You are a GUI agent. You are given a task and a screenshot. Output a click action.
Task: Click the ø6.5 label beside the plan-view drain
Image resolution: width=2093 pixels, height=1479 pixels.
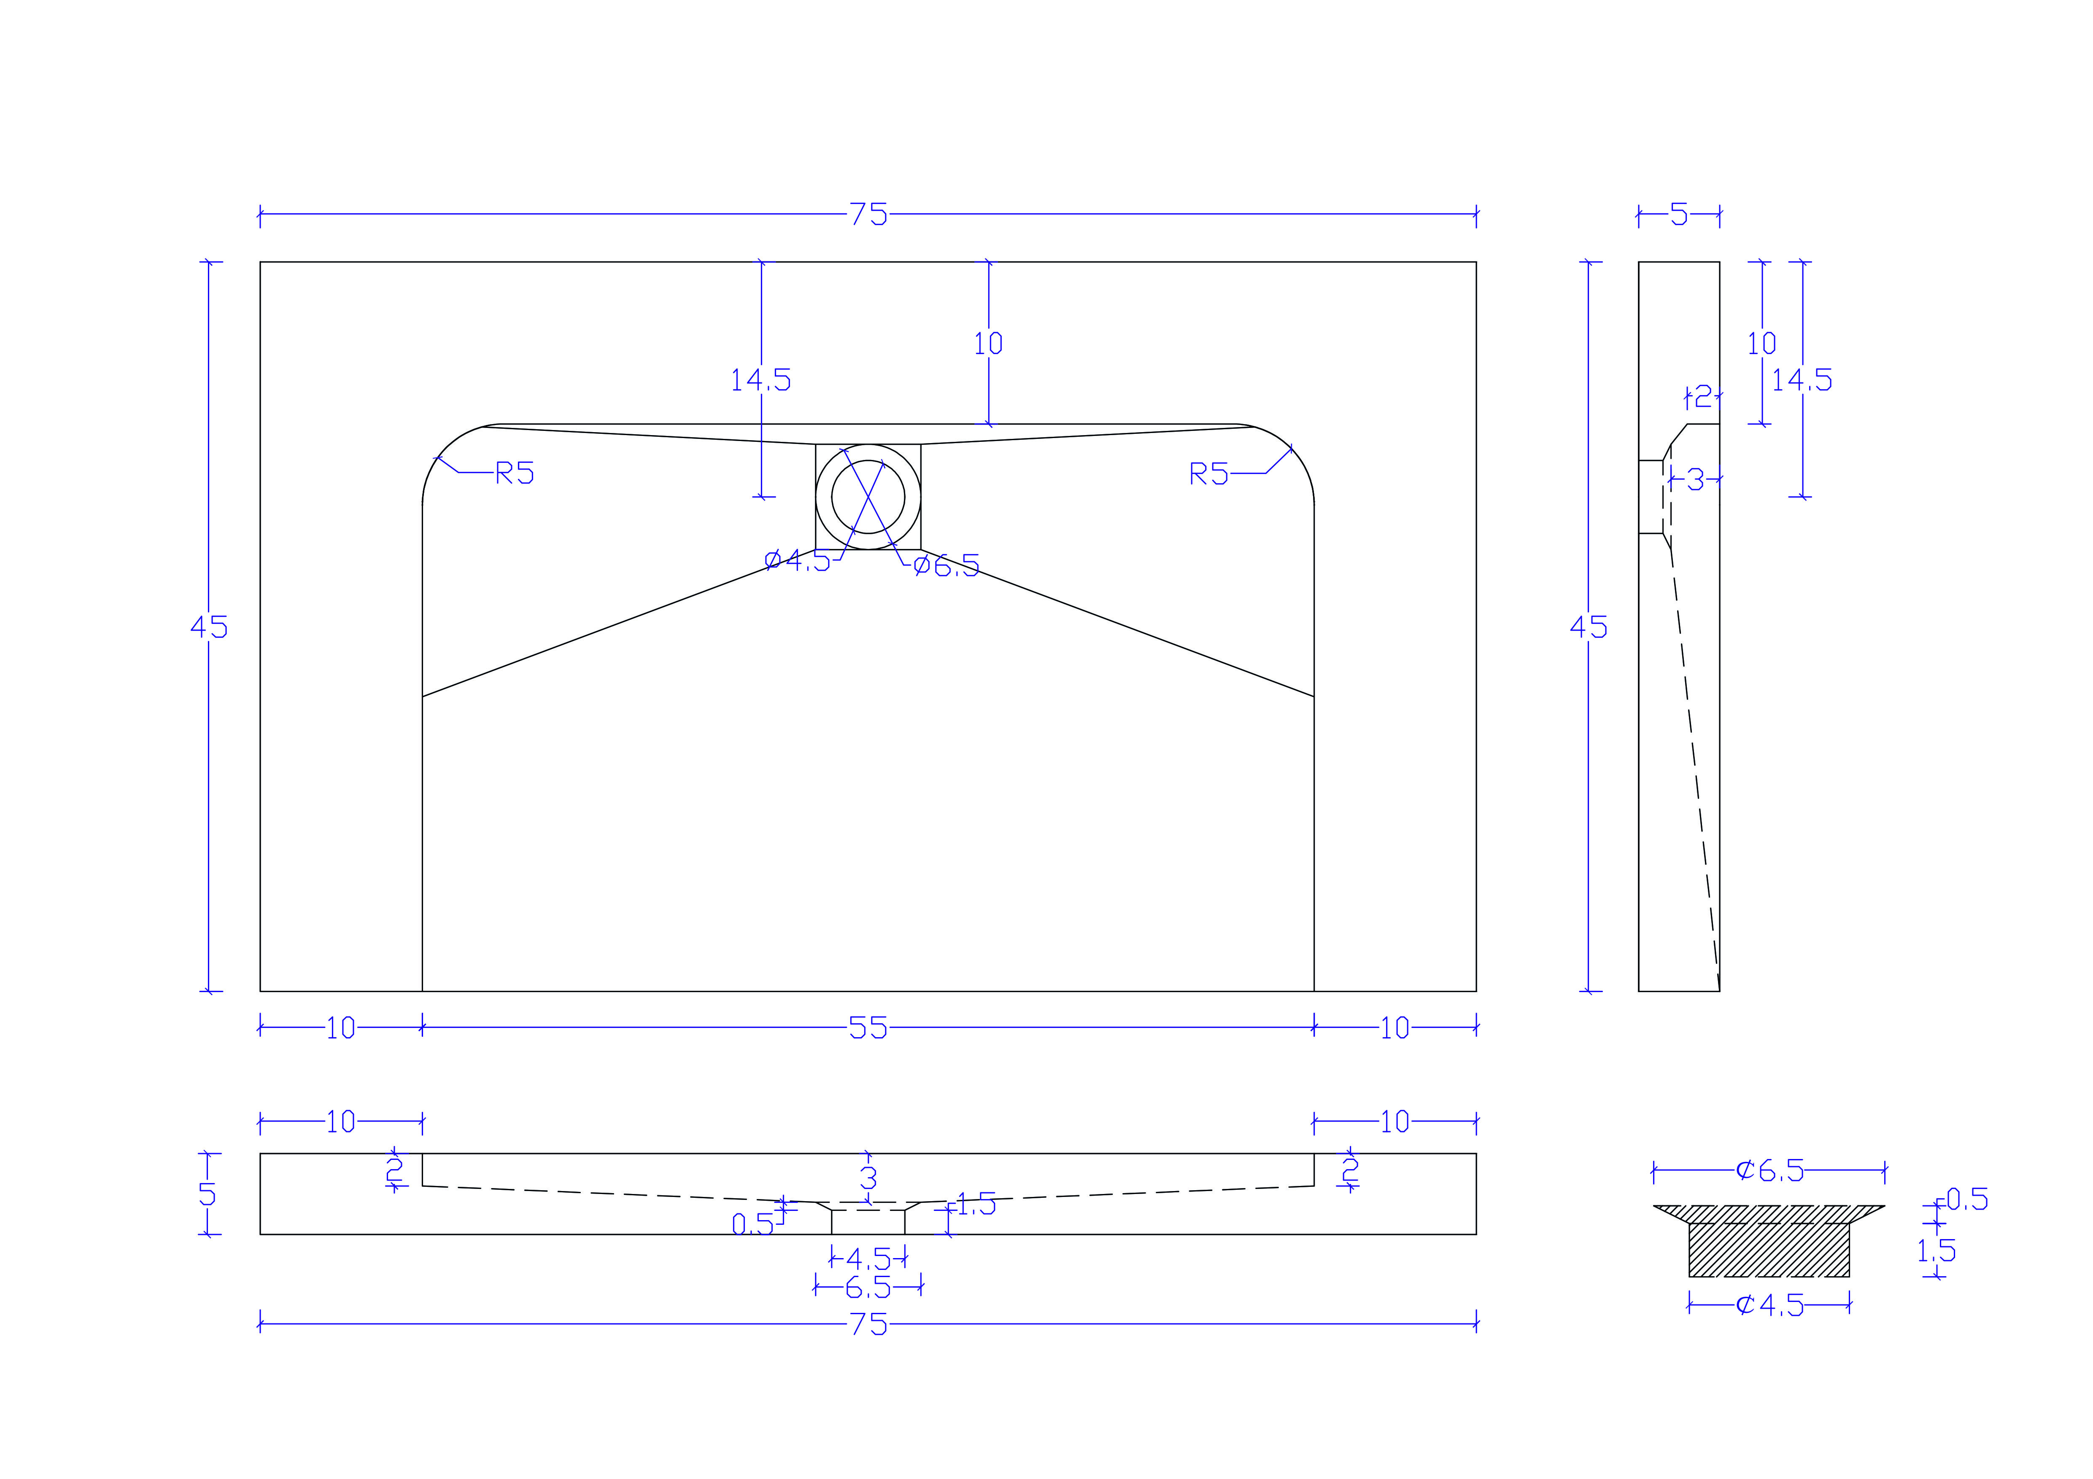946,566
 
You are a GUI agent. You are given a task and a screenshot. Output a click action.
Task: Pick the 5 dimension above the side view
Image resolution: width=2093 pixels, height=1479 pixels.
1679,215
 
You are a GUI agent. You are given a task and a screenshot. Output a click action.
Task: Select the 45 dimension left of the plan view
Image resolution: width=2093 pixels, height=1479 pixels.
209,627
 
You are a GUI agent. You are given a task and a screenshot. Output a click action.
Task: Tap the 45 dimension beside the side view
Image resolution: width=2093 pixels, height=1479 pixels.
1589,627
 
